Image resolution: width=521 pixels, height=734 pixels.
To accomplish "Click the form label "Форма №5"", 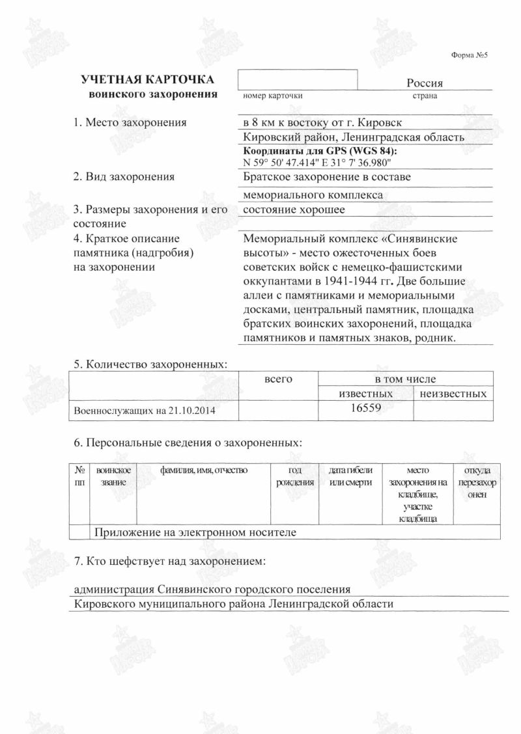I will point(469,55).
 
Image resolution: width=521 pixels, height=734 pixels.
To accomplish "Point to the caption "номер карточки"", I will point(272,96).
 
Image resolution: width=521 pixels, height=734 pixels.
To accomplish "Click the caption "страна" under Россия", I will point(425,96).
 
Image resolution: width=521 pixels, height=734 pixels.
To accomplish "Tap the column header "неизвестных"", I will point(453,394).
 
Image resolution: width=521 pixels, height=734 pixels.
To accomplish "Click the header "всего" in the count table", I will point(279,378).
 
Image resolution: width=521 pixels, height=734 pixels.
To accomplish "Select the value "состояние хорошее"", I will point(294,210).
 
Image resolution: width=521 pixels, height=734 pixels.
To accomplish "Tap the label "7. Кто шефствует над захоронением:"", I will point(170,560).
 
